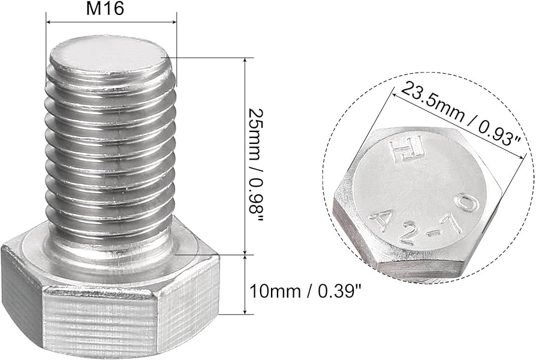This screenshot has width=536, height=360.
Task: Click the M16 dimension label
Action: pyautogui.click(x=112, y=10)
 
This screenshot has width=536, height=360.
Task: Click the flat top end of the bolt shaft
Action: pyautogui.click(x=110, y=57)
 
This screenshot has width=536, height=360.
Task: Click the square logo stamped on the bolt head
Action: pyautogui.click(x=399, y=152)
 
